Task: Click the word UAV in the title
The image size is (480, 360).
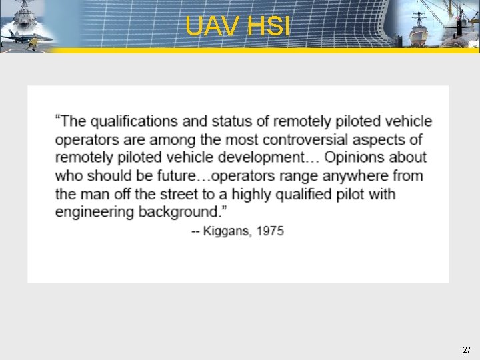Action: (x=213, y=27)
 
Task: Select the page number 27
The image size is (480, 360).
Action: (x=466, y=349)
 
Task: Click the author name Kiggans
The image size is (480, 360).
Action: (x=228, y=231)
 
